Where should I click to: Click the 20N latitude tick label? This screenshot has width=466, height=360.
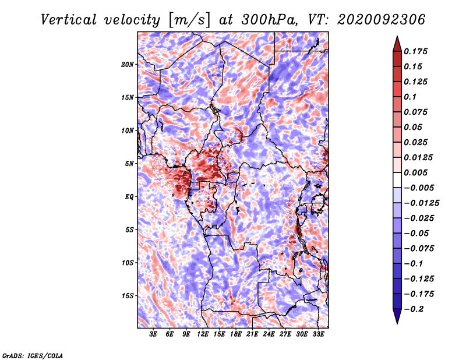coord(128,64)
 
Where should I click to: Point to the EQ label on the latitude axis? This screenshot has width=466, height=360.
coord(129,197)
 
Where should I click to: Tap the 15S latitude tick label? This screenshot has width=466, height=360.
coord(128,296)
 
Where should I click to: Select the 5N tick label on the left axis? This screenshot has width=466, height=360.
coord(129,164)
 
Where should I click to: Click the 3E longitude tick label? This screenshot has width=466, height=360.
coord(153,335)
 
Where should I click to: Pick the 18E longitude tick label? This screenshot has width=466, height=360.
coord(236,335)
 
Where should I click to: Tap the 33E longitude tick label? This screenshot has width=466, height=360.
coord(318,335)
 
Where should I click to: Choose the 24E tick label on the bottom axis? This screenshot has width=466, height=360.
coord(269,335)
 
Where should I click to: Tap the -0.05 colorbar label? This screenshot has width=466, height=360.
coord(417,233)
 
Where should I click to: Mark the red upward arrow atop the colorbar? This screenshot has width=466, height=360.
coord(397,42)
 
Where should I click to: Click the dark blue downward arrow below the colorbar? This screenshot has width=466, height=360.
coord(397,316)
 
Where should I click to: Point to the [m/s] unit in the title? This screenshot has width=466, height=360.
coord(186,19)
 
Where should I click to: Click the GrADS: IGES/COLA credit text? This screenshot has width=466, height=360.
coord(33,355)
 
